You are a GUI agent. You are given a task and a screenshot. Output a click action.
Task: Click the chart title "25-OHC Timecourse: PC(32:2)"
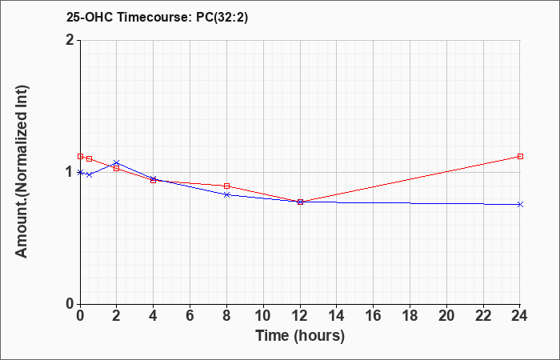tap(157, 18)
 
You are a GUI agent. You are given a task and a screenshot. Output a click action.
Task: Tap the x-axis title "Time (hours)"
tap(300, 336)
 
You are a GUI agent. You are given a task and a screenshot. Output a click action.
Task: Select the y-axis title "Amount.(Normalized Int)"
tap(22, 171)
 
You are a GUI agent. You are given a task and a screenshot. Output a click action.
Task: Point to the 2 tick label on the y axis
tap(70, 40)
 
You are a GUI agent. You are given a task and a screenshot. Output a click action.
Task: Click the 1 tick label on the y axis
tap(70, 172)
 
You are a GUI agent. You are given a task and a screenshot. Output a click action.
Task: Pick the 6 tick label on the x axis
tap(190, 316)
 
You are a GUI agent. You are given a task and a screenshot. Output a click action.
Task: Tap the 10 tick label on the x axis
tap(263, 316)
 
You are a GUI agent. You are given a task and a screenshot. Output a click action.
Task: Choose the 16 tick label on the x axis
tap(374, 316)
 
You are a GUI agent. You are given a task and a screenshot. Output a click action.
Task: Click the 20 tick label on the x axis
tap(446, 316)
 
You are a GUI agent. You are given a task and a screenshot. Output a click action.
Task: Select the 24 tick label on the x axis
tap(520, 316)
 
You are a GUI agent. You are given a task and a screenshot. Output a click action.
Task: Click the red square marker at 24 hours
tap(520, 157)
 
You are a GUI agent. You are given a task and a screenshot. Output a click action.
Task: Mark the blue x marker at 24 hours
tap(520, 204)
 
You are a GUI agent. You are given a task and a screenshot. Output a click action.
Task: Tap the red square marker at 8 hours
tap(226, 186)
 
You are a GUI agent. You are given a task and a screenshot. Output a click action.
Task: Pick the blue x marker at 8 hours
tap(226, 194)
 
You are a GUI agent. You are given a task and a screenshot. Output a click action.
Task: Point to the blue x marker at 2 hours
tap(117, 163)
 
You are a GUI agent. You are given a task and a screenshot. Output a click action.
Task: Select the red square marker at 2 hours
tap(117, 169)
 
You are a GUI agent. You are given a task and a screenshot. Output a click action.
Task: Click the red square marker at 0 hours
tap(80, 157)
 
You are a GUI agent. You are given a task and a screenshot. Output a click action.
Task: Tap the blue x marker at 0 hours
tap(80, 173)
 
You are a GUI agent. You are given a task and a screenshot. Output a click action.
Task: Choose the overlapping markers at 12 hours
tap(300, 202)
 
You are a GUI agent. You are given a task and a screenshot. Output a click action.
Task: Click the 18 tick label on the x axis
tap(410, 316)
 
